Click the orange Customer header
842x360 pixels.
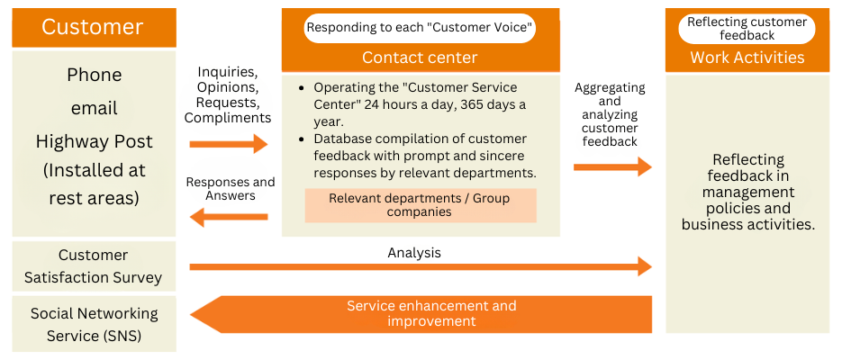pos(93,27)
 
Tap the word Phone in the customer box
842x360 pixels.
pos(94,75)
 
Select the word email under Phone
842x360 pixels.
pos(94,108)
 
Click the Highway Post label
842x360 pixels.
pos(94,141)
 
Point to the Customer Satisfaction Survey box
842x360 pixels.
pos(94,266)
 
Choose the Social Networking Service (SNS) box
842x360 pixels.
pos(94,324)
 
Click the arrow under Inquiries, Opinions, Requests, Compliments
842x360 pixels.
pos(229,144)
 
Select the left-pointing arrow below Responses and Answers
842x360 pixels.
pos(229,217)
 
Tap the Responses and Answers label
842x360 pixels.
pos(230,188)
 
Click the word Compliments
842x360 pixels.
pos(228,118)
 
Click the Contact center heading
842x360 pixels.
pos(420,58)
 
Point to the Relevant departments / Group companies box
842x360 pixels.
pos(420,205)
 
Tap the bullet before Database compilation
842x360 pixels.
pos(299,139)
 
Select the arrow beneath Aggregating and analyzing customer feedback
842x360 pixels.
pos(612,166)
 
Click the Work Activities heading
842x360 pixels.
pos(747,58)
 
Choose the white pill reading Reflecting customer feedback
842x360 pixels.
pos(747,29)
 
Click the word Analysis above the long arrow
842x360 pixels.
pos(414,253)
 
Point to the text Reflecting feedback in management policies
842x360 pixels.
pos(747,192)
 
